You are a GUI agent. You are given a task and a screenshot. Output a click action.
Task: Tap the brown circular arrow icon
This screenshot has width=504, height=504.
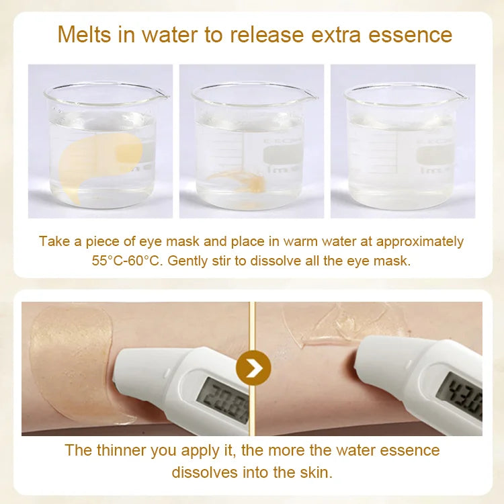tap(254, 368)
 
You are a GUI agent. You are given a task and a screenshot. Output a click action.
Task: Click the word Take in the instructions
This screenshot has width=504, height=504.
tap(54, 241)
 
